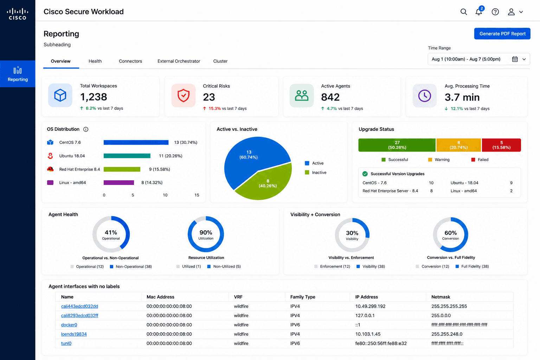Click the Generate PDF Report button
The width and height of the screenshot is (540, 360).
click(x=502, y=34)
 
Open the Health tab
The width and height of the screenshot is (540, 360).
click(x=95, y=61)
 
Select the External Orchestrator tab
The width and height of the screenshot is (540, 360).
click(x=179, y=61)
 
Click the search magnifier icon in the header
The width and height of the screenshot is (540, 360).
click(x=464, y=12)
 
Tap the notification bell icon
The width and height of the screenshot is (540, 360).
click(x=478, y=12)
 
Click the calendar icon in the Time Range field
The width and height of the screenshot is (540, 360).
click(x=515, y=59)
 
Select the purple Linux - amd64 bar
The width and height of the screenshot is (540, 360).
click(x=118, y=182)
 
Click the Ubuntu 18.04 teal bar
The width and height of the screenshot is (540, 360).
click(x=127, y=156)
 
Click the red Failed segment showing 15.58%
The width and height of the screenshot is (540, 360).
click(x=501, y=145)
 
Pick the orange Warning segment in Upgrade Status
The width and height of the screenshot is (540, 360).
click(x=458, y=145)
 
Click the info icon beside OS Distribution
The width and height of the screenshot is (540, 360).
click(x=85, y=129)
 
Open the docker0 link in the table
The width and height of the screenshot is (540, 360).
click(x=69, y=325)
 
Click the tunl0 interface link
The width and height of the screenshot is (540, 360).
click(x=66, y=343)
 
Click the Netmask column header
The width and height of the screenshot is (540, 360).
click(x=441, y=297)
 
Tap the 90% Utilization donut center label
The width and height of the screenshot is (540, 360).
click(x=206, y=234)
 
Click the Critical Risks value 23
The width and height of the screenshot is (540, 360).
click(x=209, y=97)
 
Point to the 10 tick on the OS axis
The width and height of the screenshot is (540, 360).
click(x=165, y=195)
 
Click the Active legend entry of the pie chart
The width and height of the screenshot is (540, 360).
click(x=314, y=163)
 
